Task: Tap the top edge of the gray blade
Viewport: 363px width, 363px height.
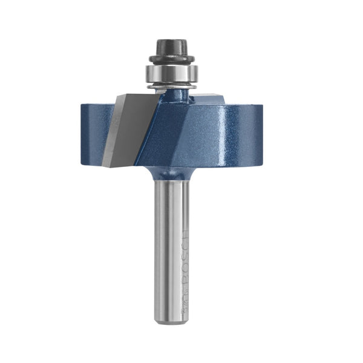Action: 137,95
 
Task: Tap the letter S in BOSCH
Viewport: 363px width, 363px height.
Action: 185,253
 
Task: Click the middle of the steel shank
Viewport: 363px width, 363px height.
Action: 169,248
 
